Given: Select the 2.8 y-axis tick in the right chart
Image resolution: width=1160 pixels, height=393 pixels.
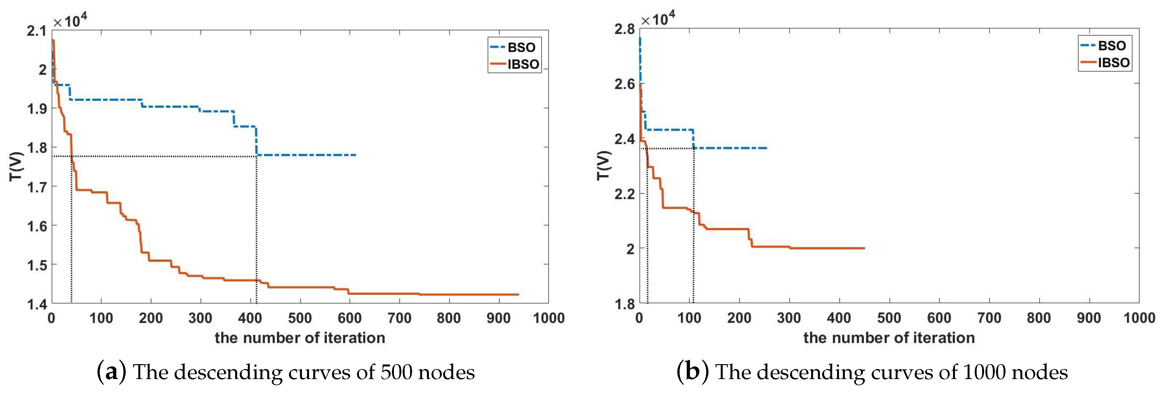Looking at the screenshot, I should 624,29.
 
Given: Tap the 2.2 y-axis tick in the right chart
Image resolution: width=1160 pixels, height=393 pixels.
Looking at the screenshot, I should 624,193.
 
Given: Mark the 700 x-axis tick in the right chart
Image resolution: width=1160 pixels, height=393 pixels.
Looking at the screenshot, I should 989,318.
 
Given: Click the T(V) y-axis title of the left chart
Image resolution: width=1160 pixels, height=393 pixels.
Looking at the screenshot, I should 16,167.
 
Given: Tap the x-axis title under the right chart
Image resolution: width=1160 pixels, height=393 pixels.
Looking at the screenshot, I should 889,338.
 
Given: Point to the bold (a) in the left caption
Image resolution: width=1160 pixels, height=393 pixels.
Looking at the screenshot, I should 111,372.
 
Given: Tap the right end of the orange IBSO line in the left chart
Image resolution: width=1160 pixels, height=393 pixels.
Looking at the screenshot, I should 518,295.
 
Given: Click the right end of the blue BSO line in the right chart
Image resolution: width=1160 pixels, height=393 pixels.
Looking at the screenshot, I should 766,148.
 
